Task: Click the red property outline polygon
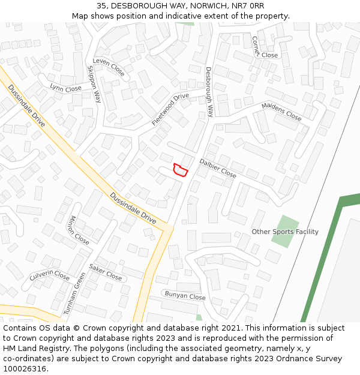click(180, 170)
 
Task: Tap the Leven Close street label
click(109, 68)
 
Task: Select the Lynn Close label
click(65, 88)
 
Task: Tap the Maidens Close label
click(281, 112)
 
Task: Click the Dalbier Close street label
click(218, 168)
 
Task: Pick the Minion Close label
click(79, 230)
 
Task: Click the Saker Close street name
click(106, 272)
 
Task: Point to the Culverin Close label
click(50, 275)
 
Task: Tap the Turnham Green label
click(74, 294)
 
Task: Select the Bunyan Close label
click(185, 296)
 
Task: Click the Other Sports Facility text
click(285, 232)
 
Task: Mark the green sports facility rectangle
click(285, 232)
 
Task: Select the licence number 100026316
click(26, 368)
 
